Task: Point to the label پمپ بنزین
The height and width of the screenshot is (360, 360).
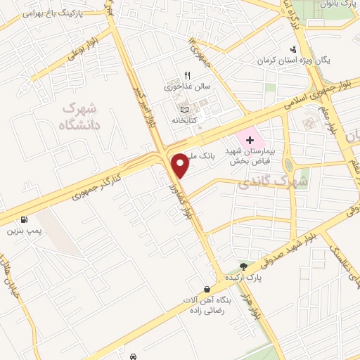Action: point(25,231)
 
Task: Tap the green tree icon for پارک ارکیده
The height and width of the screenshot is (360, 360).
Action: point(243,266)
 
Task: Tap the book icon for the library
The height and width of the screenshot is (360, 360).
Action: point(184,110)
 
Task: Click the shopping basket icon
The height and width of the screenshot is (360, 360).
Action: point(207,289)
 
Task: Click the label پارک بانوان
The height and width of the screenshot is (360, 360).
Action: point(342,4)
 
